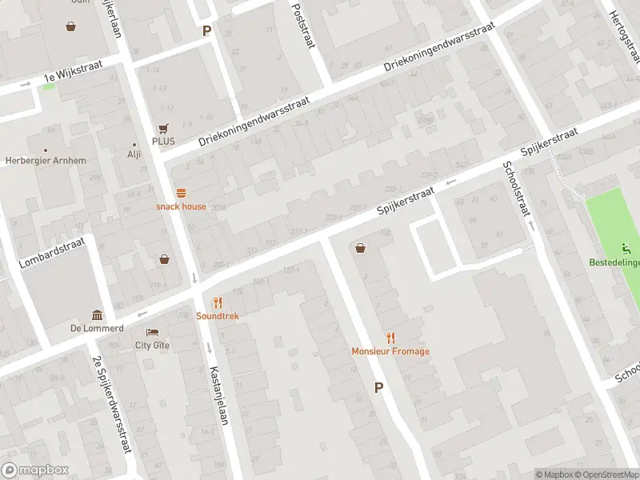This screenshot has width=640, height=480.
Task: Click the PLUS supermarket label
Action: [x=163, y=141]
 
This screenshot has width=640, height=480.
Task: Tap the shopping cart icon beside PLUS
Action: [x=163, y=128]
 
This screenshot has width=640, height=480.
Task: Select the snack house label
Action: [x=181, y=206]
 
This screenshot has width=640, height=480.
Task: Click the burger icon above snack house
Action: [x=182, y=193]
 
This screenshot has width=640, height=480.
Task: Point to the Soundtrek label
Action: [x=218, y=316]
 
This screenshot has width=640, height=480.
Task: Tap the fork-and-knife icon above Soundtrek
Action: [x=218, y=302]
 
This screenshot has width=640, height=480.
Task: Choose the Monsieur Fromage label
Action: [x=390, y=351]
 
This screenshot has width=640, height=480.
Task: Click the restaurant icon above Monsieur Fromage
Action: [x=390, y=338]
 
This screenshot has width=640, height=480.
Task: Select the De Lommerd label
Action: [x=97, y=328]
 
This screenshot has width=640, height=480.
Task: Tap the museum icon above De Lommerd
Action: [x=97, y=315]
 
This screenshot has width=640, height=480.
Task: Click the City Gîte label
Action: [x=152, y=346]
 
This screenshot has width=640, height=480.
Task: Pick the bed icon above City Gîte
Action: [x=152, y=332]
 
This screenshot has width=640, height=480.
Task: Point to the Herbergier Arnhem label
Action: [x=45, y=161]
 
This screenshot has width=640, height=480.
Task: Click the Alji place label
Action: [x=134, y=155]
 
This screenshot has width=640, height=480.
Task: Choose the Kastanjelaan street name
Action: [x=219, y=395]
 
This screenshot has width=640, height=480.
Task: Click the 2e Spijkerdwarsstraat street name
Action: [x=111, y=405]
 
